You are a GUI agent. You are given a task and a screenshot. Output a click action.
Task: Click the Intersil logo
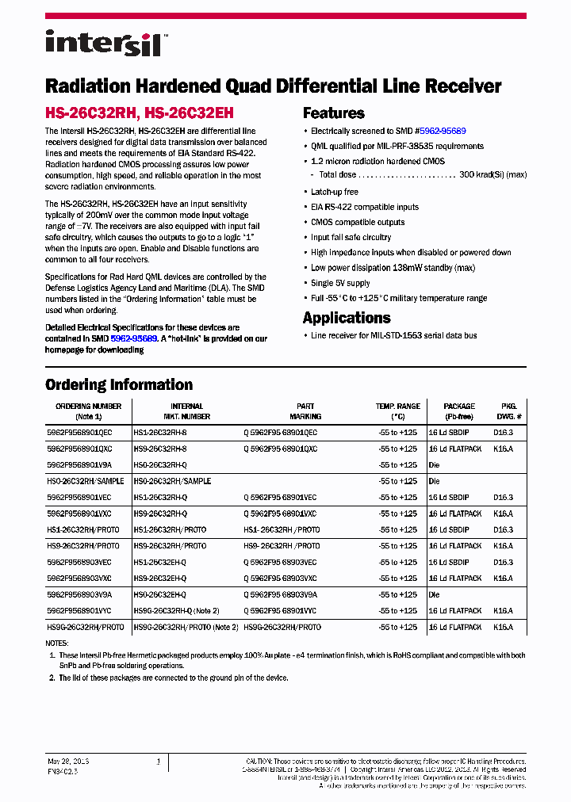(103, 43)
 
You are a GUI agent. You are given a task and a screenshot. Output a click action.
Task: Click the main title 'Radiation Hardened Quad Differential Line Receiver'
(273, 86)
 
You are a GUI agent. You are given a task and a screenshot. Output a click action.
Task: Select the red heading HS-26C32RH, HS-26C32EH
(139, 113)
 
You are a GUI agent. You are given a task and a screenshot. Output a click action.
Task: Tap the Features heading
(333, 113)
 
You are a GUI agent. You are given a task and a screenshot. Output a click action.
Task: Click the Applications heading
(347, 318)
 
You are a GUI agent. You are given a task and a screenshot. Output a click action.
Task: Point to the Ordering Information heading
(118, 385)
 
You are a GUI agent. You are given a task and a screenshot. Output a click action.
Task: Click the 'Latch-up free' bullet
(334, 192)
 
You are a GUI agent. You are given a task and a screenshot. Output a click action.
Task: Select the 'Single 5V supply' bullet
(340, 283)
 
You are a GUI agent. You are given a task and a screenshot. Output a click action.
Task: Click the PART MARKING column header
(305, 411)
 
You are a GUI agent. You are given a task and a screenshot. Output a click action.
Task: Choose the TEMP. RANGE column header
(398, 411)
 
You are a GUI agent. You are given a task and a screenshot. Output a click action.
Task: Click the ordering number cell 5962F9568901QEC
(79, 433)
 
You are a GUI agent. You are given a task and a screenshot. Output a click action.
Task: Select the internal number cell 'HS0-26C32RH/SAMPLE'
(172, 481)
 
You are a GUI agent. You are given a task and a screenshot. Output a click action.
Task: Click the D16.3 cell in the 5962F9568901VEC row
(503, 498)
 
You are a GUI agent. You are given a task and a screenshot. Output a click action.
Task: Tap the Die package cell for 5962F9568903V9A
(434, 594)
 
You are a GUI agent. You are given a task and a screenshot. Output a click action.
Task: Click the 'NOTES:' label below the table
(57, 643)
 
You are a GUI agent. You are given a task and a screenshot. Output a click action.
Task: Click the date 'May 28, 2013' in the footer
(68, 761)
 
